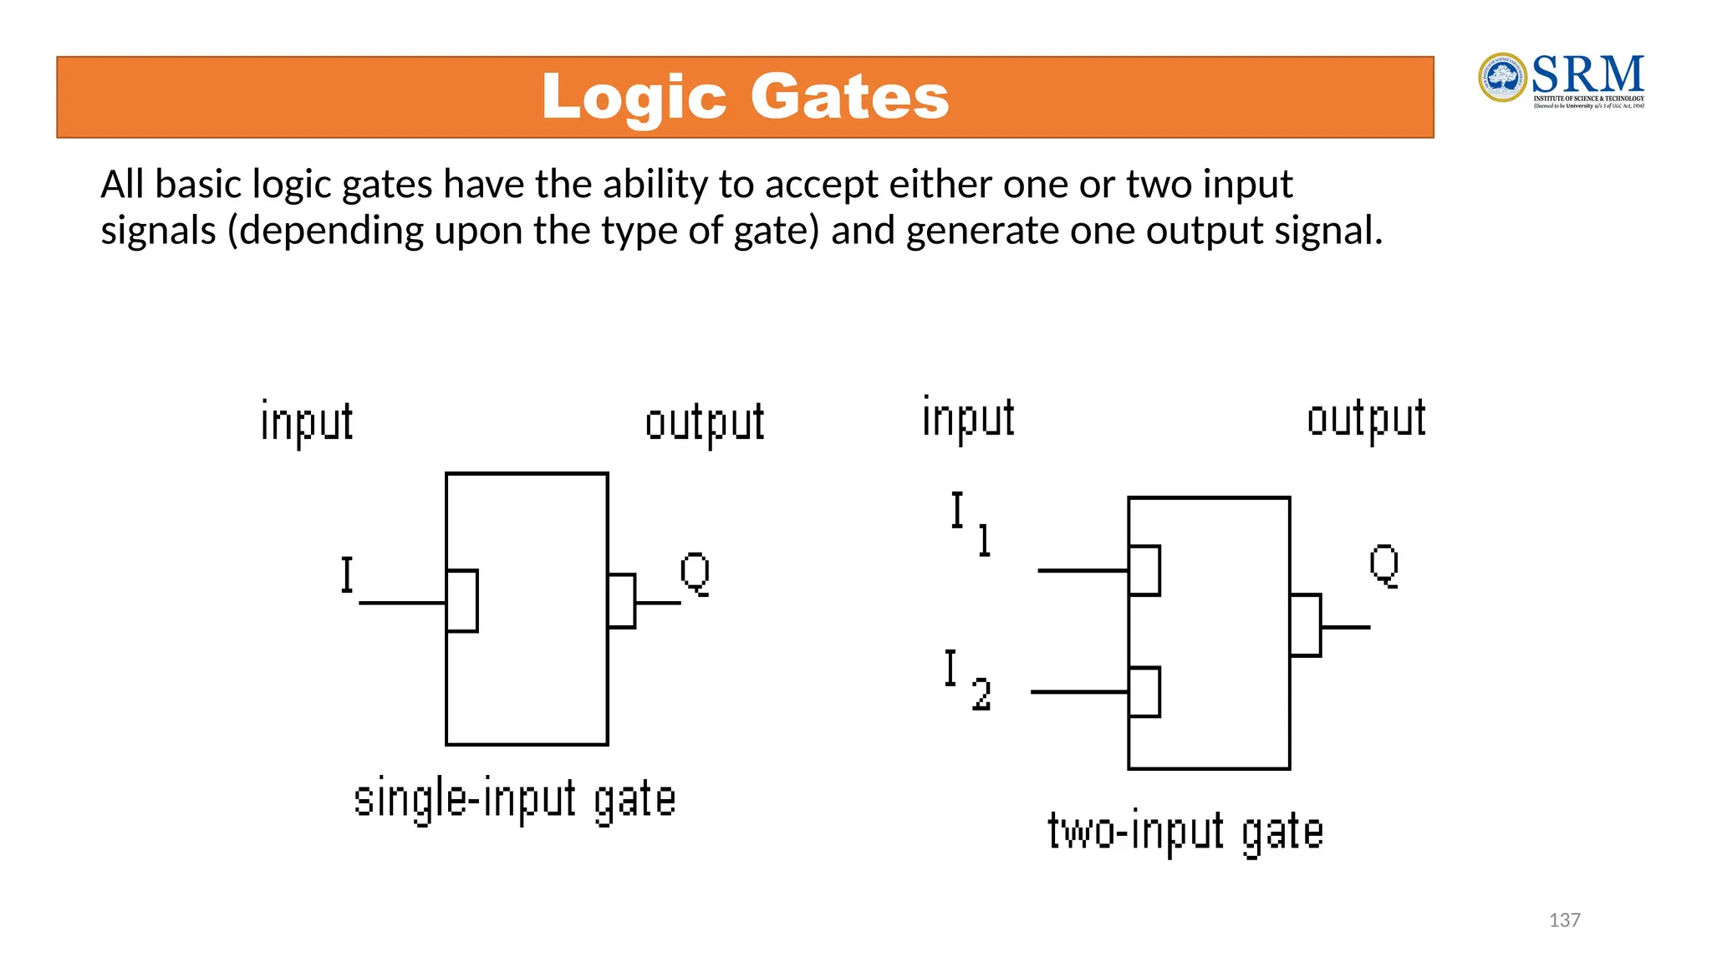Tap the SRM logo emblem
click(x=1502, y=78)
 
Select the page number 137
click(x=1564, y=920)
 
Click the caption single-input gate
click(x=514, y=800)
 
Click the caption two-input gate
click(x=1185, y=833)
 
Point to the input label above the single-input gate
click(x=307, y=422)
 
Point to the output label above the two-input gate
click(x=1366, y=419)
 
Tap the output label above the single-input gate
click(x=705, y=423)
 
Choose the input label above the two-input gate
click(x=968, y=418)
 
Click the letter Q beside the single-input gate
click(x=695, y=573)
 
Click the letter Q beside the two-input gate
click(x=1383, y=565)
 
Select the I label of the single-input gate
click(x=347, y=575)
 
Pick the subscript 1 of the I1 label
click(x=985, y=540)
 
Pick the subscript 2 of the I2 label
click(x=981, y=695)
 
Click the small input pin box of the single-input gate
click(x=462, y=601)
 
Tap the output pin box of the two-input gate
click(x=1305, y=625)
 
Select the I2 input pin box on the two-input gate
click(x=1144, y=692)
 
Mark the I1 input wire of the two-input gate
click(x=1083, y=570)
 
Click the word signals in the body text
click(x=158, y=231)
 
